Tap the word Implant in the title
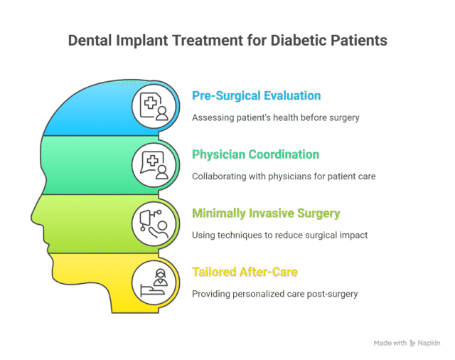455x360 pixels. pyautogui.click(x=142, y=41)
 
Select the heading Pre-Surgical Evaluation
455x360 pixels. pyautogui.click(x=257, y=96)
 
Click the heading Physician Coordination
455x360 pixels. pyautogui.click(x=256, y=154)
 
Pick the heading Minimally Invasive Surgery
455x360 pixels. pyautogui.click(x=266, y=213)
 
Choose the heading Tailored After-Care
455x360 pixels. pyautogui.click(x=245, y=272)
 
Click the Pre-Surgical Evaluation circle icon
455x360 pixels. pyautogui.click(x=154, y=106)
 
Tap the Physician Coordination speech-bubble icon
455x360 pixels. pyautogui.click(x=154, y=165)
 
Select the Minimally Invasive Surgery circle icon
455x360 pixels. pyautogui.click(x=154, y=224)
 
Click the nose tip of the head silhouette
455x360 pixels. pyautogui.click(x=31, y=217)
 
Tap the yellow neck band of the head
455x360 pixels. pyautogui.click(x=110, y=283)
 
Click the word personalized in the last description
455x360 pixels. pyautogui.click(x=259, y=294)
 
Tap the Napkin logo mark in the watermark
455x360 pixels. pyautogui.click(x=412, y=344)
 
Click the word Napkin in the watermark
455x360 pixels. pyautogui.click(x=429, y=344)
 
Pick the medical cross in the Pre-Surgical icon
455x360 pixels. pyautogui.click(x=151, y=103)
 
